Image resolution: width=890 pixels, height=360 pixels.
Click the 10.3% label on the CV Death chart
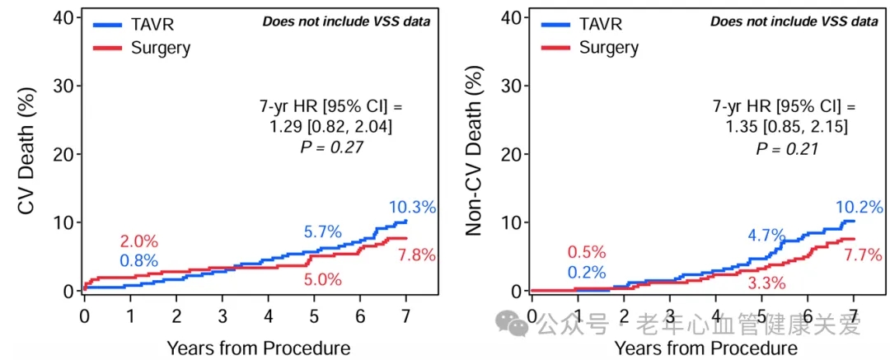tap(412, 208)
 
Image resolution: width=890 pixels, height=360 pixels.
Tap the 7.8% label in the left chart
tap(417, 255)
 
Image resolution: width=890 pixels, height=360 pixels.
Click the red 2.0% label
tap(138, 241)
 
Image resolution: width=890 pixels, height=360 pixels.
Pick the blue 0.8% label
tap(138, 261)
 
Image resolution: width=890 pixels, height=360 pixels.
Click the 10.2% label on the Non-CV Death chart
tap(860, 208)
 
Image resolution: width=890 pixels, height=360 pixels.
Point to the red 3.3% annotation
tap(767, 284)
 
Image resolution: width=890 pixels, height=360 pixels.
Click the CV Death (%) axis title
tap(26, 154)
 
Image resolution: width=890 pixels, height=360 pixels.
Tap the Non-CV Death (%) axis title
tap(474, 154)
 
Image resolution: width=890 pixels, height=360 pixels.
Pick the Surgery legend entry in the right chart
tap(608, 47)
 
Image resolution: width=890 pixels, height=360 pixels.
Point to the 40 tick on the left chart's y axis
tap(67, 17)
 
